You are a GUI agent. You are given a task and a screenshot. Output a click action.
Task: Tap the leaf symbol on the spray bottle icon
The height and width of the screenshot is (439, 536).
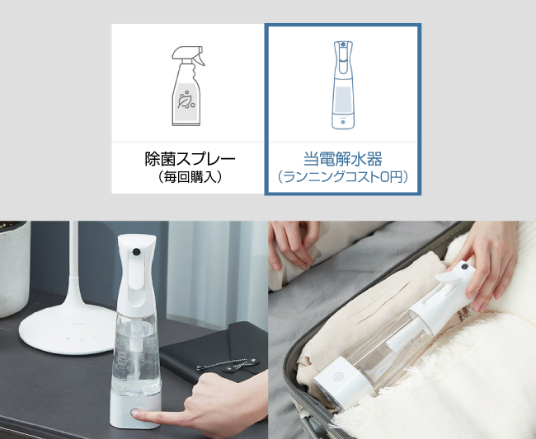pyautogui.click(x=186, y=102)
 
